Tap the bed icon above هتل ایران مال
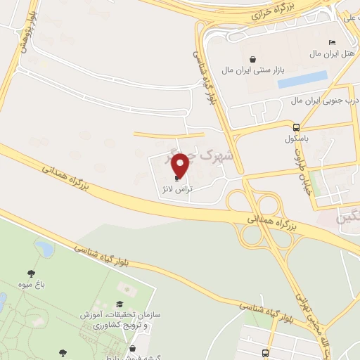point(332,43)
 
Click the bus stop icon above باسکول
point(297,128)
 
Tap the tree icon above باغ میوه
point(31,273)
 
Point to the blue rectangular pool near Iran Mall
point(303,79)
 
